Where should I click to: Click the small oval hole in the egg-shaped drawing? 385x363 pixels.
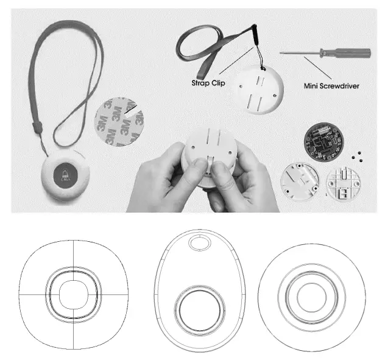tap(198, 244)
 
